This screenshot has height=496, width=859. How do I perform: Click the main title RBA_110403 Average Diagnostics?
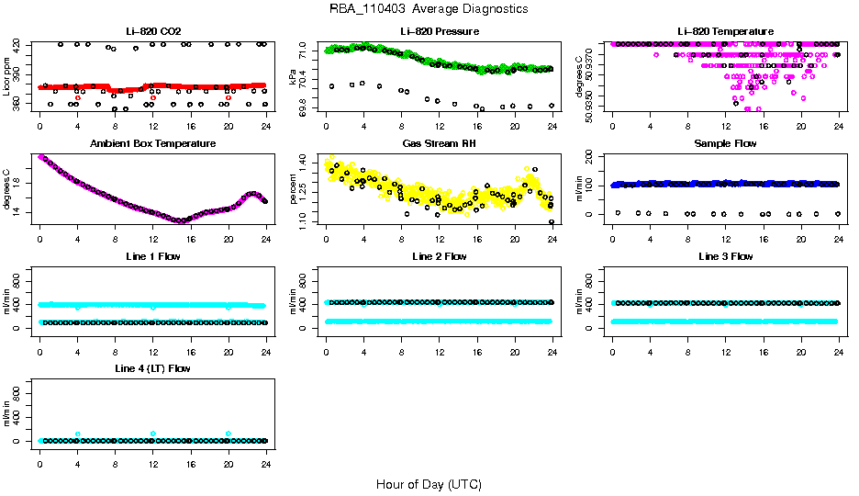click(429, 9)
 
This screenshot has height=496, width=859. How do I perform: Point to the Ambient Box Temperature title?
click(153, 144)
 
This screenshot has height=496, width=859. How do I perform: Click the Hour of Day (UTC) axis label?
click(429, 484)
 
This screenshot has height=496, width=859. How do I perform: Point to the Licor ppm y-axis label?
click(7, 78)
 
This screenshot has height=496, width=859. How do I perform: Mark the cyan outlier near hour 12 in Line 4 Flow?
click(153, 434)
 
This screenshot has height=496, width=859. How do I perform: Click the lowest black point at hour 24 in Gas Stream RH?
click(552, 221)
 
